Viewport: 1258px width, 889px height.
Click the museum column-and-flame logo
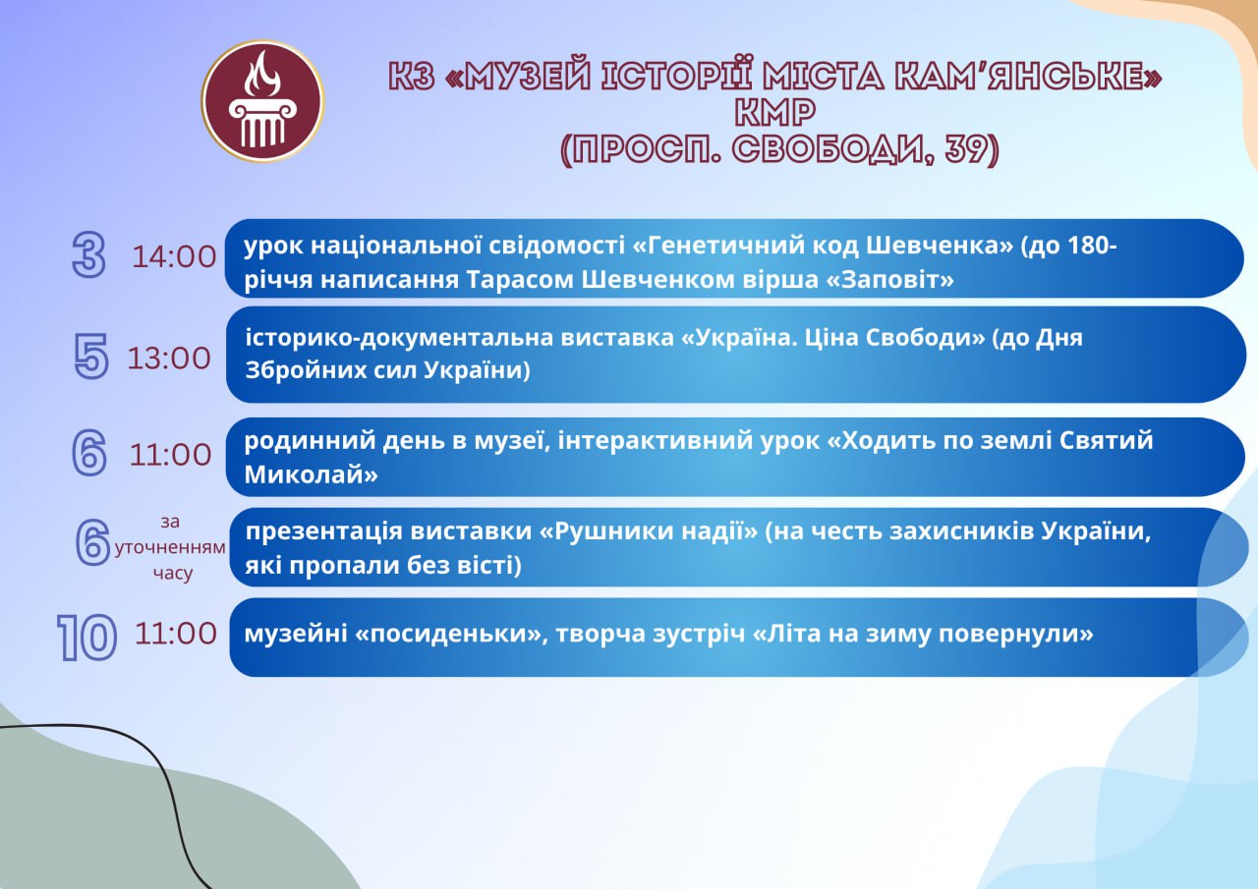tap(262, 101)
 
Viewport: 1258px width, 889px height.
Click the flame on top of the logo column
tap(261, 74)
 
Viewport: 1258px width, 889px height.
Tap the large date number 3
tap(88, 255)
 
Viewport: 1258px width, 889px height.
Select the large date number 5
tap(90, 356)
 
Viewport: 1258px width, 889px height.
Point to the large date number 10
tap(87, 637)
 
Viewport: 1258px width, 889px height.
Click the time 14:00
tap(174, 257)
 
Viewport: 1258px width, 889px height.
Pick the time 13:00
tap(169, 359)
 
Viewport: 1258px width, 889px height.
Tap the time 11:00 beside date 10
tap(176, 634)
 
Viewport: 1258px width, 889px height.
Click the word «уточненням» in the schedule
tap(170, 547)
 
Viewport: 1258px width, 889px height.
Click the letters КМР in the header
tap(775, 112)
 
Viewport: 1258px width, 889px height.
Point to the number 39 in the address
tap(965, 148)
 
